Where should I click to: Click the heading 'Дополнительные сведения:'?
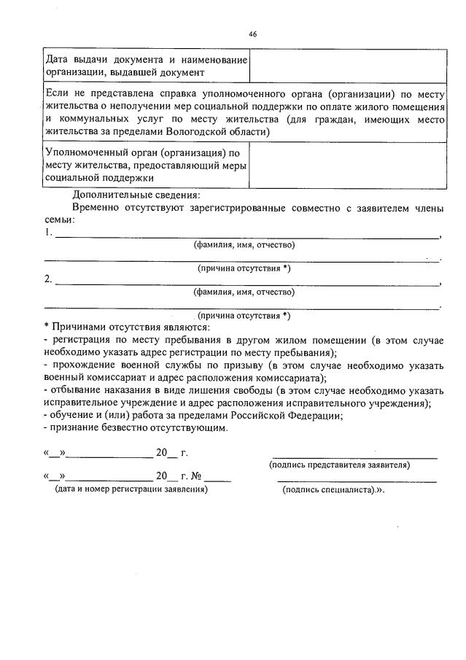click(x=136, y=195)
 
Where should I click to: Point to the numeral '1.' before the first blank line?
click(x=48, y=233)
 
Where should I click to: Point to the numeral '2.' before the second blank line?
click(x=48, y=279)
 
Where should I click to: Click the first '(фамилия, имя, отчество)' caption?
click(x=244, y=245)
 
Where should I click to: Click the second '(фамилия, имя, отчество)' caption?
click(x=244, y=292)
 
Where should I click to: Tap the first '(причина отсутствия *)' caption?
click(x=244, y=268)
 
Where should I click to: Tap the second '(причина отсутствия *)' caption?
click(x=244, y=315)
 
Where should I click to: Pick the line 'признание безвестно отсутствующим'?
click(x=138, y=428)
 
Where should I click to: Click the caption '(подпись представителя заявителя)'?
click(x=339, y=465)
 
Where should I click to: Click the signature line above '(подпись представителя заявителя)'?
click(x=354, y=457)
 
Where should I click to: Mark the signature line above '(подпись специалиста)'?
click(x=357, y=481)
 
